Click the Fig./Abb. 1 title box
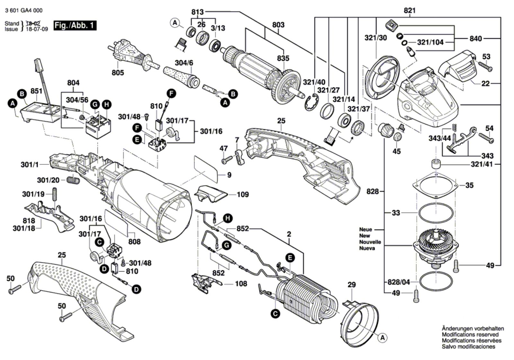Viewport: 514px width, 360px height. (75, 25)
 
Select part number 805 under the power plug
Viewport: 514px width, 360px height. (118, 73)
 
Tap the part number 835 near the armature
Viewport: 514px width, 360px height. (283, 58)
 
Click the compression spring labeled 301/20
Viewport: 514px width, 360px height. (73, 180)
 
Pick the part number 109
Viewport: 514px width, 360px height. (243, 195)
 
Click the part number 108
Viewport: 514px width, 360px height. (241, 284)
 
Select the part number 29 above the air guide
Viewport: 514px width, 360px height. (351, 285)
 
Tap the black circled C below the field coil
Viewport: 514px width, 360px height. (275, 313)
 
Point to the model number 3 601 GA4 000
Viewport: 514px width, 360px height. (23, 11)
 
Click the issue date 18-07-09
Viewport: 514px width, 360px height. (37, 29)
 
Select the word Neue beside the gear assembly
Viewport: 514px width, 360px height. (366, 229)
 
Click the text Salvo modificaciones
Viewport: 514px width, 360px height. (468, 347)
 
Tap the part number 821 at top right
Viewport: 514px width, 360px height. (410, 11)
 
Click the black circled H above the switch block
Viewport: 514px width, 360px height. (106, 105)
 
